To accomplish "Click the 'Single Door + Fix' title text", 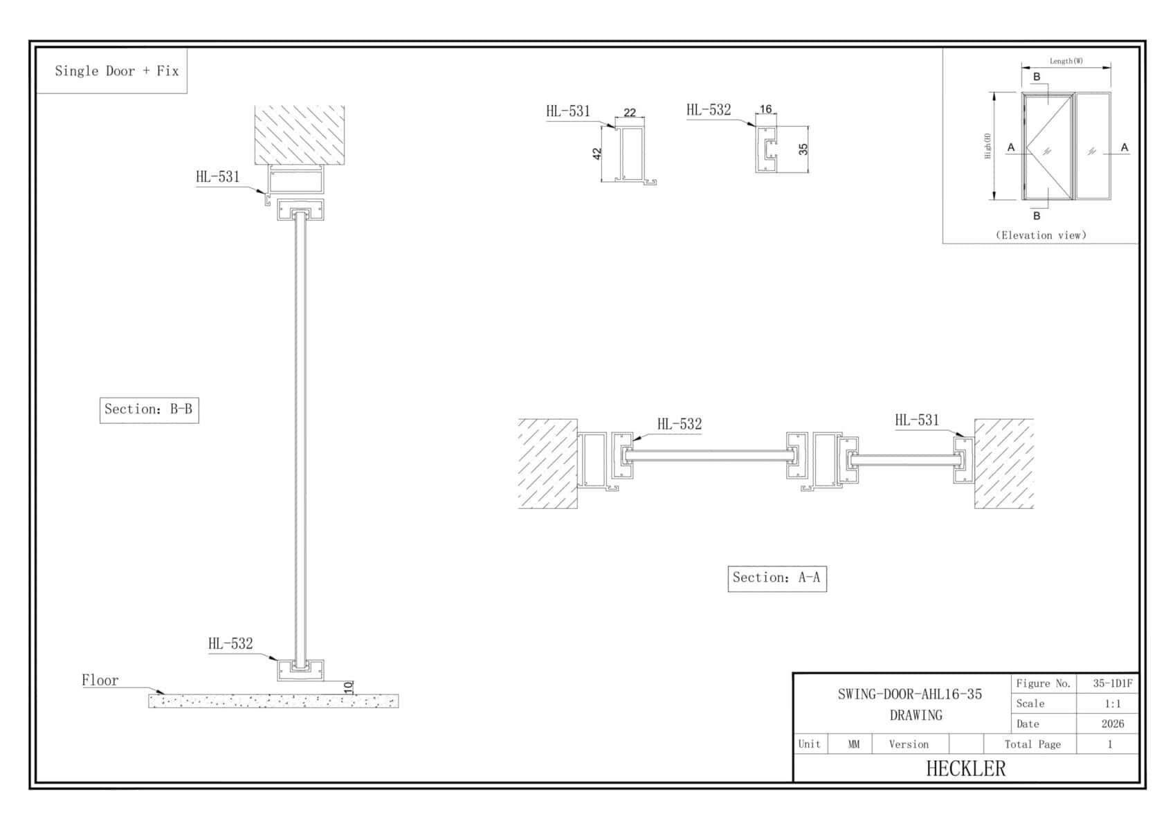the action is click(116, 71).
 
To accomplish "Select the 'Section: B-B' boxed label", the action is click(149, 409).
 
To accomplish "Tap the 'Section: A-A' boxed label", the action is click(777, 578).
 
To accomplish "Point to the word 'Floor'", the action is click(100, 680).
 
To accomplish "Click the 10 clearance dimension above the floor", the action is click(349, 686).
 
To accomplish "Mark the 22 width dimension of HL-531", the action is click(630, 112).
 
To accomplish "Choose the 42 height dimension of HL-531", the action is click(596, 154).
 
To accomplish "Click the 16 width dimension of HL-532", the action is click(765, 109).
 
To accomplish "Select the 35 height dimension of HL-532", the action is click(803, 149).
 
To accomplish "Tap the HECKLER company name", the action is click(965, 768).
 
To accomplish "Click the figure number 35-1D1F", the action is click(1113, 683).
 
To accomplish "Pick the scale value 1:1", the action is click(1112, 703).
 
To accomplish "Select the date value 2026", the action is click(1113, 723).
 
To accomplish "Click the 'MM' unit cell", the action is click(853, 744).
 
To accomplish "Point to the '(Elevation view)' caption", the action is click(1041, 235).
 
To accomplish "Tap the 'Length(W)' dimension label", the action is click(1066, 61).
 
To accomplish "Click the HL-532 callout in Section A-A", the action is click(680, 424).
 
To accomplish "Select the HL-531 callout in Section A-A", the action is click(917, 420).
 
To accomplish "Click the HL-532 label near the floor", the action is click(230, 643).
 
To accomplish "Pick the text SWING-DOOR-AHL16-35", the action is click(909, 694).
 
